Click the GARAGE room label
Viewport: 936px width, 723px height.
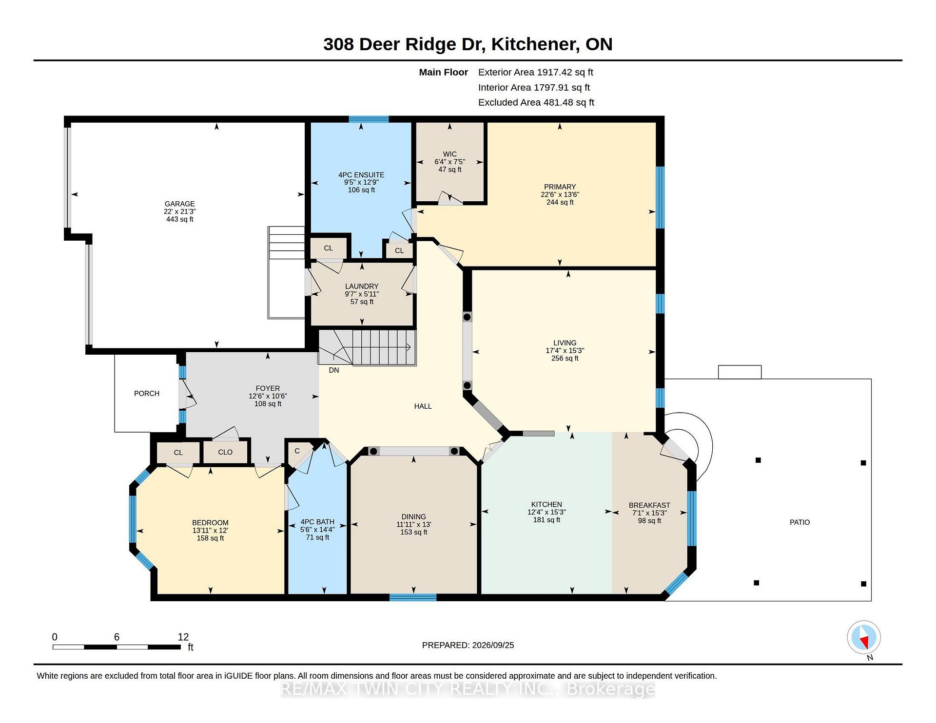(x=179, y=204)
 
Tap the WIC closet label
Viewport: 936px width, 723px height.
(x=449, y=154)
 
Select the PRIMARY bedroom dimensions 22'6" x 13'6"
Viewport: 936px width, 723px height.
(x=560, y=194)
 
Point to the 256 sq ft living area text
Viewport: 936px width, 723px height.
(x=565, y=358)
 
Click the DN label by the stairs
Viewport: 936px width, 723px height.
(x=334, y=370)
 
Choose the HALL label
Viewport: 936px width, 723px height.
(x=423, y=406)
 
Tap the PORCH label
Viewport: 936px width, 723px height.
(x=147, y=393)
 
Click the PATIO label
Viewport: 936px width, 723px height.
(x=799, y=522)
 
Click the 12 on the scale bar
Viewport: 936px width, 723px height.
(x=183, y=637)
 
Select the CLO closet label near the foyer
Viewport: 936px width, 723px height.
(x=225, y=452)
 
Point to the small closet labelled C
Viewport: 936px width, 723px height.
(x=297, y=451)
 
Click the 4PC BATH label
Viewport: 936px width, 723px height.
(x=317, y=521)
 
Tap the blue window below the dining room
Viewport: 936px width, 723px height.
(x=413, y=597)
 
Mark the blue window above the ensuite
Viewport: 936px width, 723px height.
(x=369, y=119)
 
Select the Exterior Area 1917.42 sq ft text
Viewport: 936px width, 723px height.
(x=536, y=72)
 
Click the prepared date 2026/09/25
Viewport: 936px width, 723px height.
(x=493, y=645)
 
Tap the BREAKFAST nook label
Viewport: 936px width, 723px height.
(x=649, y=505)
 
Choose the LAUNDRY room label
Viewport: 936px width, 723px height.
(x=362, y=286)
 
